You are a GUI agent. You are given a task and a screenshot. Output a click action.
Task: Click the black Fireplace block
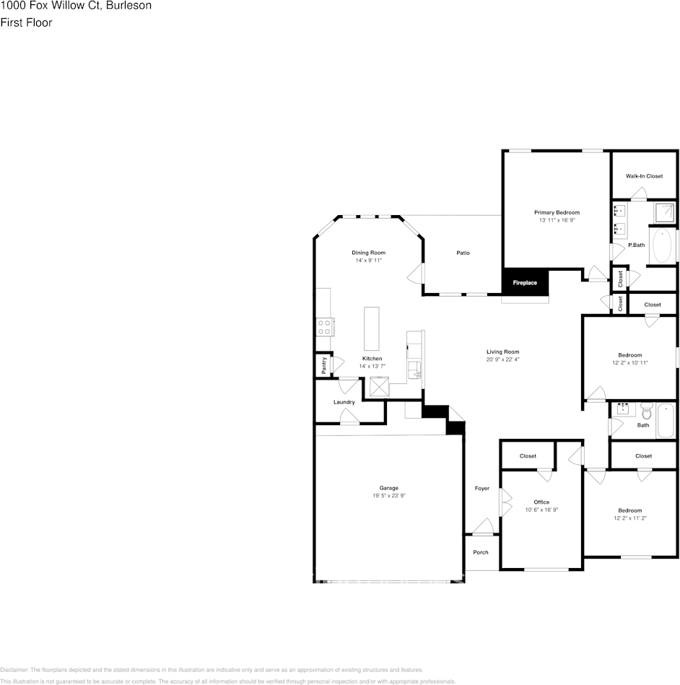pyautogui.click(x=526, y=282)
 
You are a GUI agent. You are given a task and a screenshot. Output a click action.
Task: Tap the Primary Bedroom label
pyautogui.click(x=557, y=212)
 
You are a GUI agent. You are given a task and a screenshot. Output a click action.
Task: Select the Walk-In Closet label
pyautogui.click(x=644, y=176)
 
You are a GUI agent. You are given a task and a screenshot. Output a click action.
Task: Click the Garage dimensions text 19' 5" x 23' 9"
pyautogui.click(x=389, y=496)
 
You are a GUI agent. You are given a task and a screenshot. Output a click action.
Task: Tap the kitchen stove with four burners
pyautogui.click(x=325, y=327)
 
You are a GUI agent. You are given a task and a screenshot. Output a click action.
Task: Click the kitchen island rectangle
pyautogui.click(x=372, y=328)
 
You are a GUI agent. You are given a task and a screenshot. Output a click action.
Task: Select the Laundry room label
pyautogui.click(x=344, y=402)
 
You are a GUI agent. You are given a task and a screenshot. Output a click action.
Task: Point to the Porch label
pyautogui.click(x=481, y=552)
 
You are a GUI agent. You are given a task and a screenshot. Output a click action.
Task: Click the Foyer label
pyautogui.click(x=482, y=489)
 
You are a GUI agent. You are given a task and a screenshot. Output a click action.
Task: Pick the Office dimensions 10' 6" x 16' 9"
pyautogui.click(x=541, y=510)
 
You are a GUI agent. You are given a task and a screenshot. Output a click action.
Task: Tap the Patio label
pyautogui.click(x=463, y=253)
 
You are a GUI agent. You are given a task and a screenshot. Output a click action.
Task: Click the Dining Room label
pyautogui.click(x=368, y=253)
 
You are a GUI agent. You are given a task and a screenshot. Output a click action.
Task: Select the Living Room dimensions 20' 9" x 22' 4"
pyautogui.click(x=502, y=359)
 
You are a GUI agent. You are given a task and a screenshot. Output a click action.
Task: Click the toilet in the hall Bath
pyautogui.click(x=646, y=411)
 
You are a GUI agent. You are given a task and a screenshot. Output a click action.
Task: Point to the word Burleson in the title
pyautogui.click(x=131, y=6)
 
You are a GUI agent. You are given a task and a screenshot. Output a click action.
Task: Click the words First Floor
pyautogui.click(x=26, y=22)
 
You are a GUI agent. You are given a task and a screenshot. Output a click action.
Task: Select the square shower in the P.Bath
pyautogui.click(x=664, y=213)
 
